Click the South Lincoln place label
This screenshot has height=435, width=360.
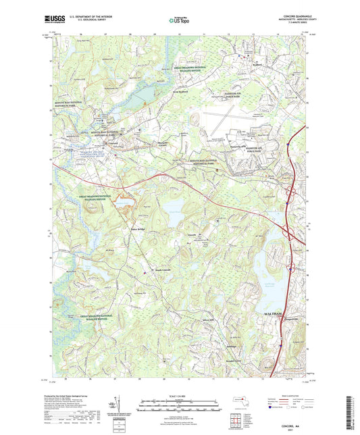coord(154,272)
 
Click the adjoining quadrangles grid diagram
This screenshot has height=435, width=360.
coord(234,419)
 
